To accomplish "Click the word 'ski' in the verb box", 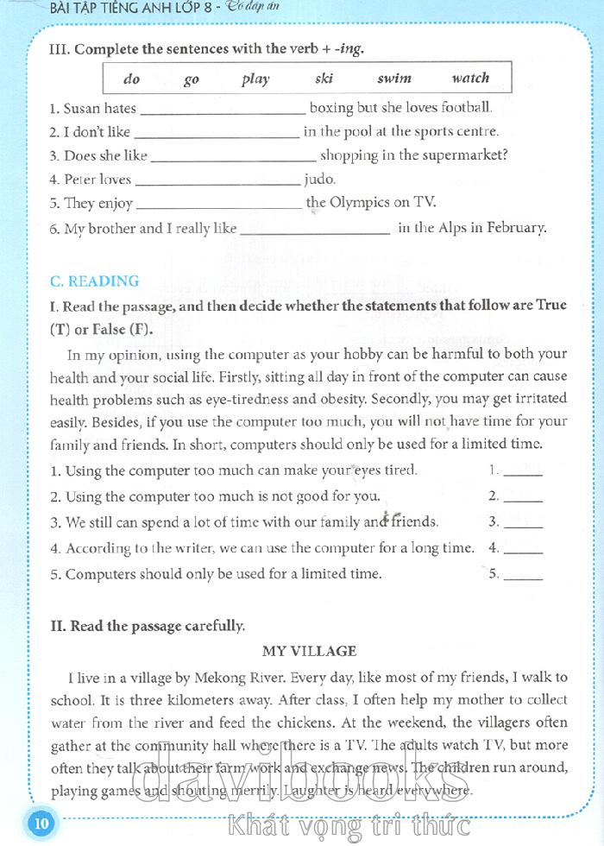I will (324, 79).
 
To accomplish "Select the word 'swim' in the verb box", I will (394, 79).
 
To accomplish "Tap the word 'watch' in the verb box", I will (470, 79).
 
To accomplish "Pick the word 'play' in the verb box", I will (255, 79).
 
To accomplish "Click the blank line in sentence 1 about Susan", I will (222, 111).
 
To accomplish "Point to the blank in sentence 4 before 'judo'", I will (217, 182).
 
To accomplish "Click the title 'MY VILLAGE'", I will (309, 651).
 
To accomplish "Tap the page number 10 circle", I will (41, 823).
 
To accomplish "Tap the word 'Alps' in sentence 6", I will (443, 228).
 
